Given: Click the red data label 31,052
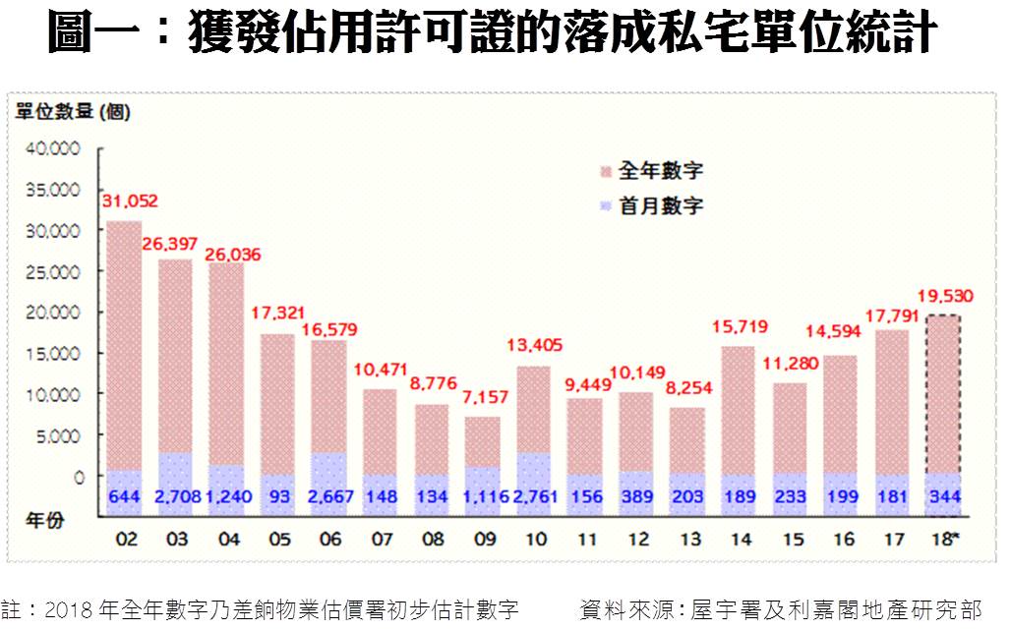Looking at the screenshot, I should tap(130, 201).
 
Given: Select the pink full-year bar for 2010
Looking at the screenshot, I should tap(533, 413).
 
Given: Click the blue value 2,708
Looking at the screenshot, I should tap(175, 497).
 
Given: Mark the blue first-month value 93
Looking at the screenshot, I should tap(277, 497).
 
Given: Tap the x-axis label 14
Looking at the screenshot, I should tap(739, 539).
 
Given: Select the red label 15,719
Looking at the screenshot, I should tap(739, 326).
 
